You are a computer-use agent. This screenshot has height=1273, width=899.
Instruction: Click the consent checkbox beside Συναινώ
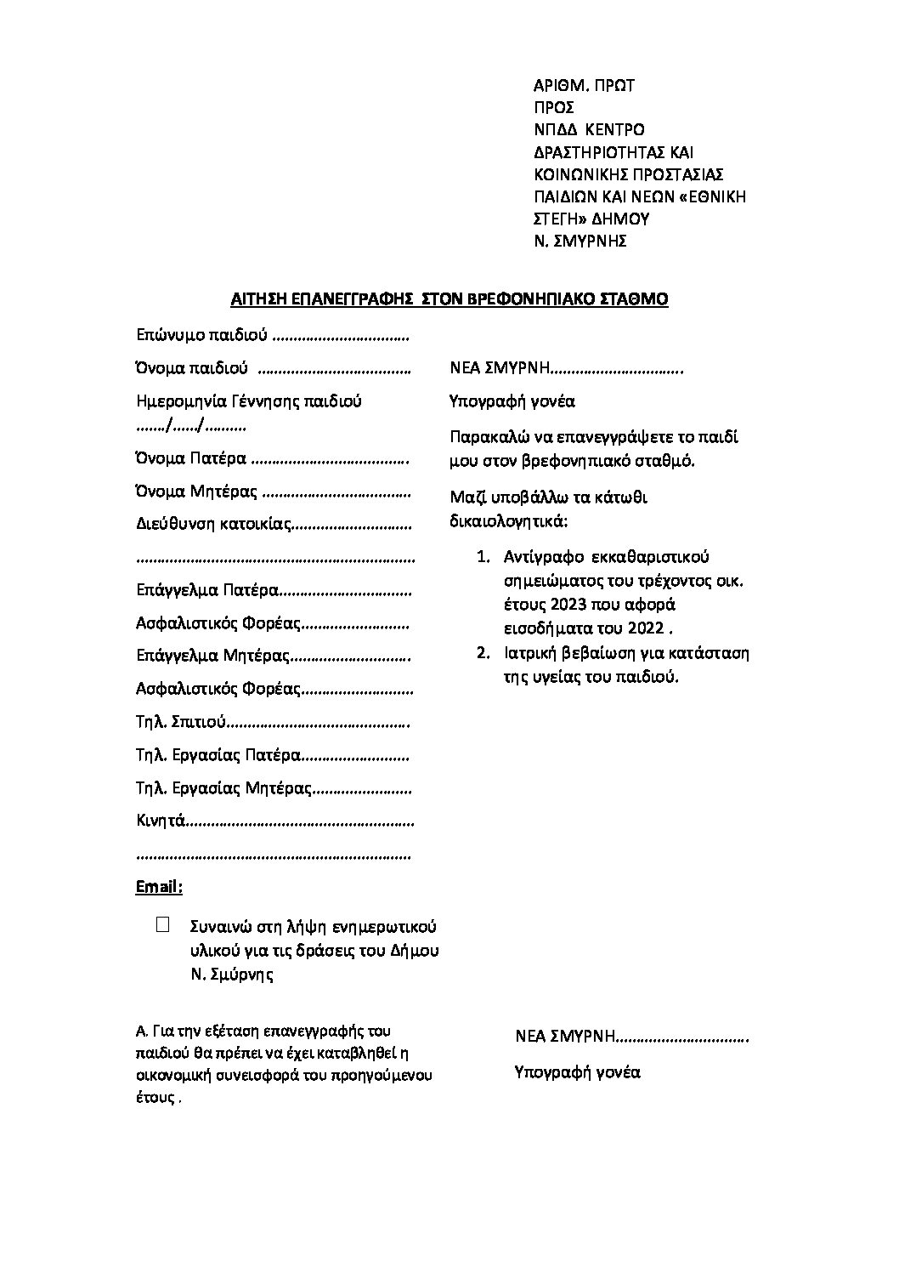click(x=163, y=924)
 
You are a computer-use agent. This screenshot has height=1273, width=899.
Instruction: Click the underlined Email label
click(x=159, y=887)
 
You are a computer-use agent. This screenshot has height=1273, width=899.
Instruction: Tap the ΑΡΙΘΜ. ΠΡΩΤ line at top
click(x=584, y=85)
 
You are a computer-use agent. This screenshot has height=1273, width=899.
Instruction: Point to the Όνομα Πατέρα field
click(x=191, y=459)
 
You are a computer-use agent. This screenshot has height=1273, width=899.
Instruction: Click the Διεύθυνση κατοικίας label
click(x=213, y=525)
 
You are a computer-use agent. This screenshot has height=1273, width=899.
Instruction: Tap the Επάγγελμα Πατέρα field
click(x=207, y=589)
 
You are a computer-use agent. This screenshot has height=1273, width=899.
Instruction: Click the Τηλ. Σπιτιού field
click(x=180, y=723)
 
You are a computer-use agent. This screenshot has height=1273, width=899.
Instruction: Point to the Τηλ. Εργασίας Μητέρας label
click(x=224, y=788)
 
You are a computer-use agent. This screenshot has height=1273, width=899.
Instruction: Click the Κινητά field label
click(x=161, y=821)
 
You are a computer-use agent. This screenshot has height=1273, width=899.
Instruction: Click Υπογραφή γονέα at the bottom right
click(x=577, y=1071)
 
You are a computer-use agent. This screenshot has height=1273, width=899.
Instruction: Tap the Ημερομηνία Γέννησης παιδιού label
click(x=249, y=401)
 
